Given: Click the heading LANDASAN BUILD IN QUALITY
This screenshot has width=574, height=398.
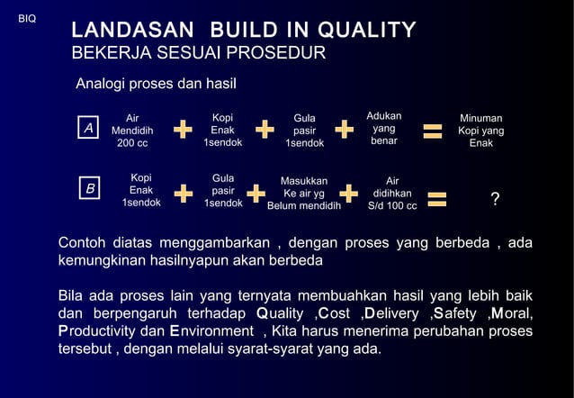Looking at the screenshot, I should pyautogui.click(x=244, y=31).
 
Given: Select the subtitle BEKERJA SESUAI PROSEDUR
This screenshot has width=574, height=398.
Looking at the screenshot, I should pyautogui.click(x=198, y=54).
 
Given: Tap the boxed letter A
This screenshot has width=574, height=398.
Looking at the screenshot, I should pyautogui.click(x=88, y=130).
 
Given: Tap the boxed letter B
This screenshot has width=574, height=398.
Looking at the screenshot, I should pyautogui.click(x=89, y=190).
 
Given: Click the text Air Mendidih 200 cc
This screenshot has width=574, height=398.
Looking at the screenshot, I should pyautogui.click(x=132, y=131).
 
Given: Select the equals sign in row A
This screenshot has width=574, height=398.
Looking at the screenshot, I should pyautogui.click(x=433, y=132).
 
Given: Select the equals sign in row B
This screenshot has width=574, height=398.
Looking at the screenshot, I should pyautogui.click(x=437, y=198).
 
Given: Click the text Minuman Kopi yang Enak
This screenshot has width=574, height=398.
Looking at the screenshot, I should pyautogui.click(x=480, y=131).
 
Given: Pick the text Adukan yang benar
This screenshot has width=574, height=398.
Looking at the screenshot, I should pyautogui.click(x=384, y=129).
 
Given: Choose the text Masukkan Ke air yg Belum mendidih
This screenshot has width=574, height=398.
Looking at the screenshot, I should pyautogui.click(x=304, y=193).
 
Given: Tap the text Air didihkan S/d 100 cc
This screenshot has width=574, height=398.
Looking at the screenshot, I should pyautogui.click(x=392, y=193).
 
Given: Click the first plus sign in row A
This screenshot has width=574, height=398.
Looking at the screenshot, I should pyautogui.click(x=183, y=131).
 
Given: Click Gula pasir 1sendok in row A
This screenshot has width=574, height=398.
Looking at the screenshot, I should pyautogui.click(x=304, y=131).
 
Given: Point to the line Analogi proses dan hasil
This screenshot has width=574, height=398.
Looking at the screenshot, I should pyautogui.click(x=156, y=86).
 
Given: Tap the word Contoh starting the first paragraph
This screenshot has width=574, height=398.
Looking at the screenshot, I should pyautogui.click(x=83, y=243).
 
